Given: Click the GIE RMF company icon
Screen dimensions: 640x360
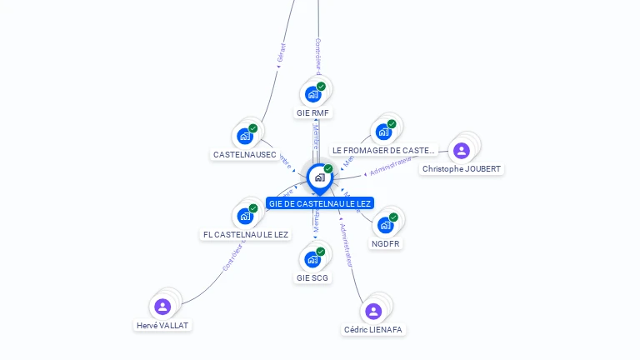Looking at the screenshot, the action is (x=313, y=93).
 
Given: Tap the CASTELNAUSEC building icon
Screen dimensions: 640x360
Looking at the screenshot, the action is (x=245, y=136).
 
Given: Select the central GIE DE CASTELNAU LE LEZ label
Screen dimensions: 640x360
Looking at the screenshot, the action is (x=320, y=203).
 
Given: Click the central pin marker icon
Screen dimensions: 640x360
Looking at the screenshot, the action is (x=319, y=177).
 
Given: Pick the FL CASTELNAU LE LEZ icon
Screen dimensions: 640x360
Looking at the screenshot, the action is (x=245, y=216).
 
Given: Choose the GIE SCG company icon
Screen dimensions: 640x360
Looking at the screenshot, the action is (x=312, y=259).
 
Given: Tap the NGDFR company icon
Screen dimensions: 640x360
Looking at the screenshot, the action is (x=385, y=225).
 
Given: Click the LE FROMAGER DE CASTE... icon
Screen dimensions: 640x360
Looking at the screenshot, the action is (x=383, y=132).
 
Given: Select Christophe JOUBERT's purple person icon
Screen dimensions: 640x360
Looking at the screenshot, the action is (x=462, y=151).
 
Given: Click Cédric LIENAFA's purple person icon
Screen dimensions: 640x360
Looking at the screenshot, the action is (x=373, y=312).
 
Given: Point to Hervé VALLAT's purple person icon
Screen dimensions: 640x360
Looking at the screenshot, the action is (x=162, y=307).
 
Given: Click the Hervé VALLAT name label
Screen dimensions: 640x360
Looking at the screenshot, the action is (x=163, y=326).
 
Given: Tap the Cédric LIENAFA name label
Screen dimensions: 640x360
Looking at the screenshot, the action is (x=373, y=330).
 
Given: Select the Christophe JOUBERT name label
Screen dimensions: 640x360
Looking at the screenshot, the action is (x=462, y=169).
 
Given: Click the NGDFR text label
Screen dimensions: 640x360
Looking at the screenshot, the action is (x=386, y=244).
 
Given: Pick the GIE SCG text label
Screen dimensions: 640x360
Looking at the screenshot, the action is (x=312, y=278).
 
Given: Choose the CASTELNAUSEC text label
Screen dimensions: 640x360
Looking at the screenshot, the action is (x=245, y=155).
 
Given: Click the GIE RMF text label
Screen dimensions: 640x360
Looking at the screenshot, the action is (x=313, y=112).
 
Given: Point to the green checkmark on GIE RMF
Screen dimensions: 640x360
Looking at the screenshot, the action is (x=321, y=86).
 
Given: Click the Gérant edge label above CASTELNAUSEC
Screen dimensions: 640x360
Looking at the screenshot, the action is (x=281, y=52).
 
